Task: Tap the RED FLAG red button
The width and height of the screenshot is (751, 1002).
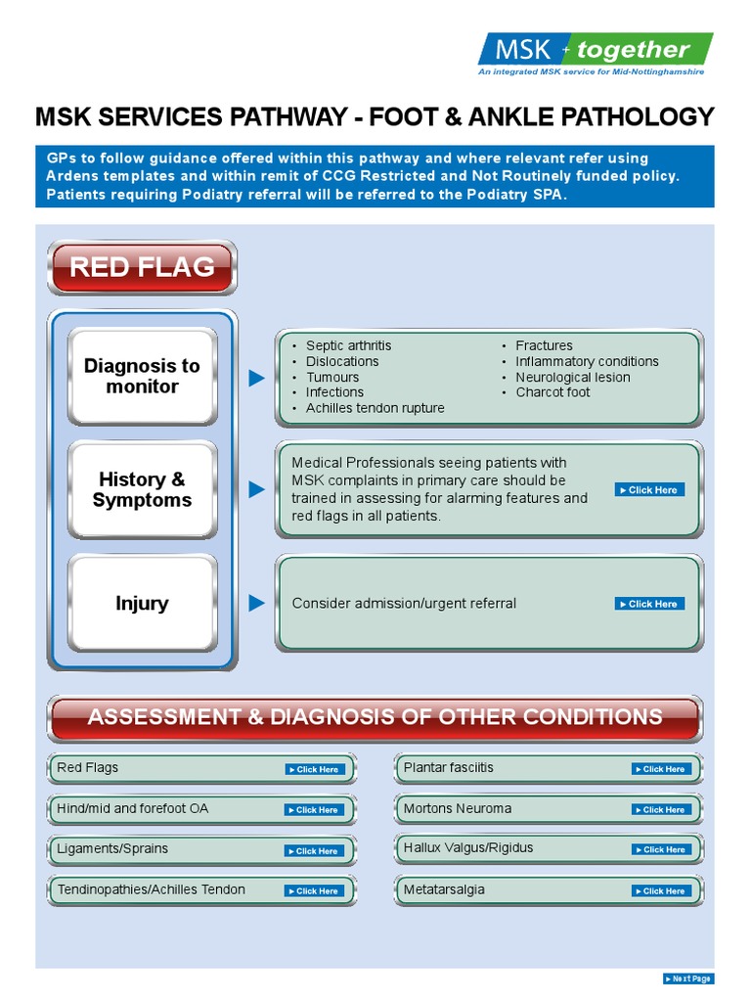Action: pyautogui.click(x=142, y=267)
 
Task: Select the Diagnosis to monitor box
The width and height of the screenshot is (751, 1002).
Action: pyautogui.click(x=143, y=377)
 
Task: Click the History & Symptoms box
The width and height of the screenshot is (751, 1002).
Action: pyautogui.click(x=143, y=490)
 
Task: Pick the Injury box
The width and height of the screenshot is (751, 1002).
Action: pyautogui.click(x=143, y=604)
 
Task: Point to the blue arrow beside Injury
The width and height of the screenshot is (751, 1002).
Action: pyautogui.click(x=256, y=604)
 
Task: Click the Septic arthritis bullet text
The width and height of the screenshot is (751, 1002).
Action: pyautogui.click(x=348, y=345)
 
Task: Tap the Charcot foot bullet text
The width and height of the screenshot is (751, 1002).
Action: pyautogui.click(x=552, y=392)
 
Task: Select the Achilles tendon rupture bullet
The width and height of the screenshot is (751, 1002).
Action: pyautogui.click(x=375, y=408)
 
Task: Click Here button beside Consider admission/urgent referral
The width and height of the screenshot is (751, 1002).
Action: pyautogui.click(x=649, y=604)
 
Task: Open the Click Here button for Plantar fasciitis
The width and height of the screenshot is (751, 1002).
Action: pyautogui.click(x=662, y=769)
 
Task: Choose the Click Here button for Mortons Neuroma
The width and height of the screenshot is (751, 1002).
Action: pyautogui.click(x=662, y=809)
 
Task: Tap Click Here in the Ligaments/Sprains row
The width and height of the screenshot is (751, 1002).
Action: pyautogui.click(x=314, y=850)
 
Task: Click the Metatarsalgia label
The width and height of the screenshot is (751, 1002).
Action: pyautogui.click(x=444, y=889)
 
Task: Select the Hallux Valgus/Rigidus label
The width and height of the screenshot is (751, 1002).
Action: pyautogui.click(x=468, y=847)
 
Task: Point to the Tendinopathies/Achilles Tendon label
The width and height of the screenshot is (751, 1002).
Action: pyautogui.click(x=152, y=889)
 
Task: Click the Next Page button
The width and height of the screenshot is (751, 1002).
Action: pyautogui.click(x=688, y=979)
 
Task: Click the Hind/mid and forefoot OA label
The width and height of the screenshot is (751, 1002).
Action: pyautogui.click(x=133, y=808)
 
